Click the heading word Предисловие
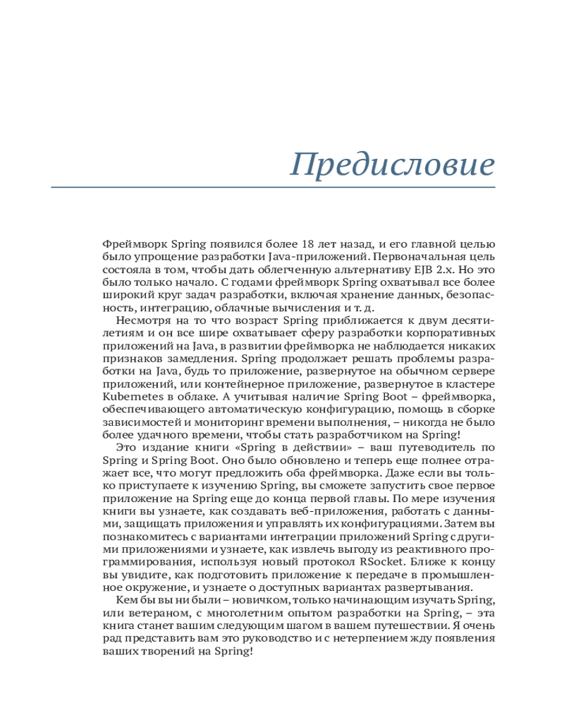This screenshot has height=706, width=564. tap(393, 164)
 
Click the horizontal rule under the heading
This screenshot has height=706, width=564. tap(273, 188)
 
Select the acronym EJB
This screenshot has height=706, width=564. tap(419, 270)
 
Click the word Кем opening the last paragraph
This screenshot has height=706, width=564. tap(124, 600)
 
